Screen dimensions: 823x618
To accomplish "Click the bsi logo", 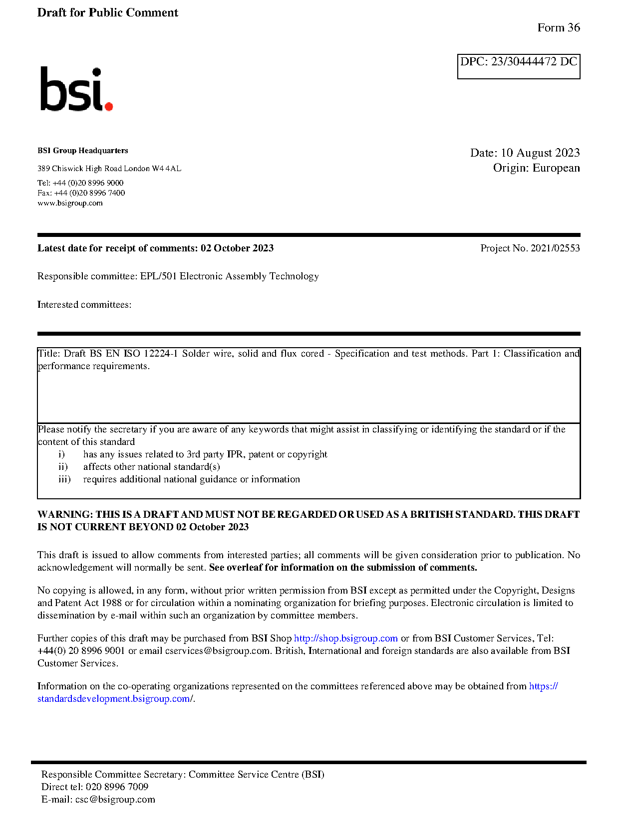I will (x=76, y=89).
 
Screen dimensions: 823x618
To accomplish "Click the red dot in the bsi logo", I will (x=108, y=106).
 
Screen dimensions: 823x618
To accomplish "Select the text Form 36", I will (x=558, y=28).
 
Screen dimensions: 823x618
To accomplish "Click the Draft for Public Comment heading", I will (x=107, y=13).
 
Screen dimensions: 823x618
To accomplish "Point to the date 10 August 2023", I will (x=540, y=153).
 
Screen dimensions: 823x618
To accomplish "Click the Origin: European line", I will (x=536, y=168).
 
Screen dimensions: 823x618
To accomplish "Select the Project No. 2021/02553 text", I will (x=530, y=248).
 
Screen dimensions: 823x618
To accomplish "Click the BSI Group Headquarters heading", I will (x=82, y=151).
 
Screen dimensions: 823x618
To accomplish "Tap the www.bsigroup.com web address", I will (x=70, y=203).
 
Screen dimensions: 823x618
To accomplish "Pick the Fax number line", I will (x=81, y=193).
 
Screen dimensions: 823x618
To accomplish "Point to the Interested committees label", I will (x=84, y=305).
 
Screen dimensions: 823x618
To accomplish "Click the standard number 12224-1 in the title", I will (x=160, y=354).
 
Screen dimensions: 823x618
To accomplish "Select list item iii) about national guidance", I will (x=191, y=479).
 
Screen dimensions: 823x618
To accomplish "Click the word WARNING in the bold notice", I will (x=65, y=515).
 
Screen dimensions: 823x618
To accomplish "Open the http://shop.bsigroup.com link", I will (x=345, y=638).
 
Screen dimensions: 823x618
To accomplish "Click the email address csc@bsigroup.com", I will (x=115, y=800).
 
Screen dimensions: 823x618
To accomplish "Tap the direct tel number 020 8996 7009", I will (x=117, y=787).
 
